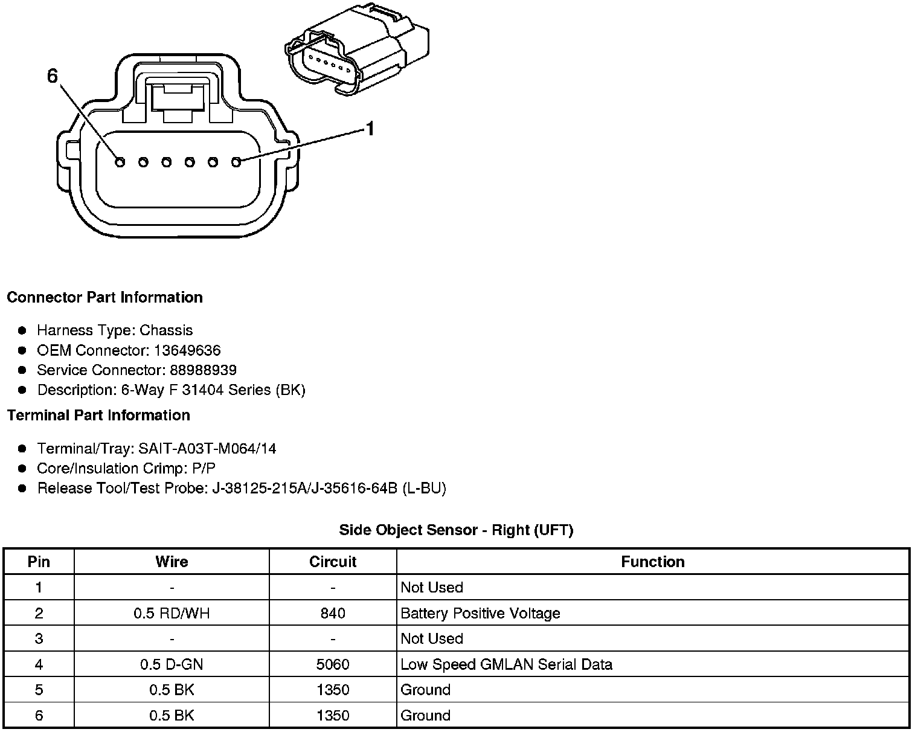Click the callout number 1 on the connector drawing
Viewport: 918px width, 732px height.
pos(370,129)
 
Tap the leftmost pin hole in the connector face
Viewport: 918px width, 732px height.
pos(120,162)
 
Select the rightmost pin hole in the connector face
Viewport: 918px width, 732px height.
pos(236,161)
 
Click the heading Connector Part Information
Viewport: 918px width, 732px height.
pos(104,297)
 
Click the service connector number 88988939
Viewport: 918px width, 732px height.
pos(203,370)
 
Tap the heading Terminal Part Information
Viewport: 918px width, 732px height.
pos(98,416)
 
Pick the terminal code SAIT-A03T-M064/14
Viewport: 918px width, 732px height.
pos(207,449)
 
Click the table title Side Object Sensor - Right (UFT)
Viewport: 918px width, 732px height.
pos(456,530)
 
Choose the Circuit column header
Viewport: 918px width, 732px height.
pos(333,562)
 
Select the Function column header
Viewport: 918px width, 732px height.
pos(652,562)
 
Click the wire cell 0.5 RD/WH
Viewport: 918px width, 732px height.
pos(172,614)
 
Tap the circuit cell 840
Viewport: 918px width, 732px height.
pos(333,614)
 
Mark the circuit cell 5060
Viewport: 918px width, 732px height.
pos(333,665)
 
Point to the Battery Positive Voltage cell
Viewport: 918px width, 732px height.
pos(480,614)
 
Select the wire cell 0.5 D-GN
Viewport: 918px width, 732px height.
pos(172,665)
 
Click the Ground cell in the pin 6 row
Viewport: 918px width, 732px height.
pos(426,716)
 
